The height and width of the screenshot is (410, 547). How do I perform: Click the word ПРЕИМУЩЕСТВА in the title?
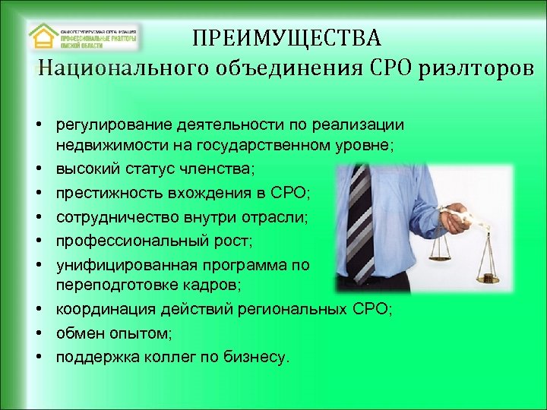(x=286, y=37)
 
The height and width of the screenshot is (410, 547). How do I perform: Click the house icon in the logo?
(x=43, y=36)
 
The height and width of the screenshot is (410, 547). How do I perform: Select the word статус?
(x=145, y=165)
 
